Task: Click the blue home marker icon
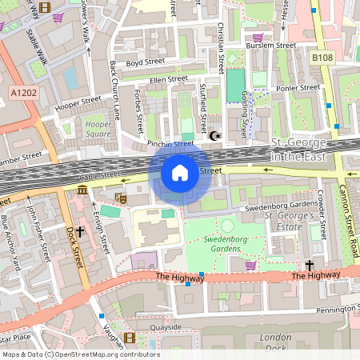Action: tap(180, 172)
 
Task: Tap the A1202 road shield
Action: tap(24, 94)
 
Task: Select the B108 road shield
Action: tap(322, 58)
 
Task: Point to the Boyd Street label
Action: tap(144, 62)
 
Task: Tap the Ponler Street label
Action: tap(297, 88)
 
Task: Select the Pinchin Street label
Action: tap(170, 144)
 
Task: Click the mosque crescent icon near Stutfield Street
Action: tap(214, 136)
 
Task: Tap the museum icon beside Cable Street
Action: tap(83, 190)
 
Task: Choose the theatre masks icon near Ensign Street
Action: tap(121, 195)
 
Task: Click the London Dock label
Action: tap(276, 341)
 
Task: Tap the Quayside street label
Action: tap(167, 326)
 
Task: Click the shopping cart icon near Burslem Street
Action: tap(257, 37)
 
